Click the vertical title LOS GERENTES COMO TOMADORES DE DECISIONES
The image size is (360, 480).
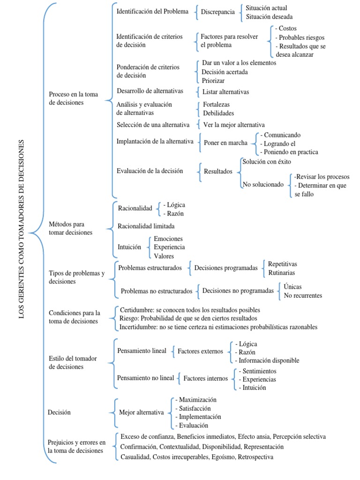coord(22,229)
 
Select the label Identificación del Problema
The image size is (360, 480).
coord(152,11)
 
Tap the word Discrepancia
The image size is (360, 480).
coord(217,12)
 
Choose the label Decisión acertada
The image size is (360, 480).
coord(225,72)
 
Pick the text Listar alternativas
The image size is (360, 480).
coord(226,92)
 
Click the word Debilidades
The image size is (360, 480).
coord(218,113)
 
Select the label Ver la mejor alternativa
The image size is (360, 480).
coord(234,125)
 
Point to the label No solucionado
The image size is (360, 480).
coord(263,185)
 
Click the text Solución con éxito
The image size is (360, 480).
coord(266,162)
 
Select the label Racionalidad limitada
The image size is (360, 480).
coord(146,226)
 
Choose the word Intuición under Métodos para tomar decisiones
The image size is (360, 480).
coord(129,247)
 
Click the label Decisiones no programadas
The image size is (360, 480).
coord(238,291)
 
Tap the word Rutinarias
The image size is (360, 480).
coord(282,273)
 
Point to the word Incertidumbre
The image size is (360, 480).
coord(138,327)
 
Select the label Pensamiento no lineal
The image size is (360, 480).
coord(145,378)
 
